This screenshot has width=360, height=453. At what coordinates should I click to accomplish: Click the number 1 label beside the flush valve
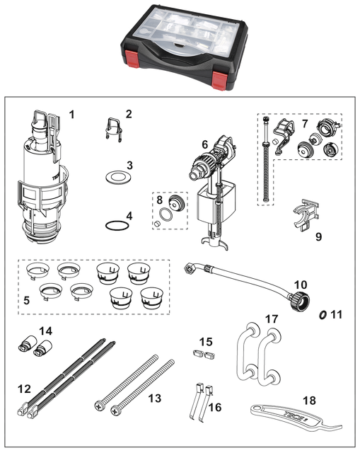(71, 115)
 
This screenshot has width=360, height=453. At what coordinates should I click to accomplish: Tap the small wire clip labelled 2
(112, 129)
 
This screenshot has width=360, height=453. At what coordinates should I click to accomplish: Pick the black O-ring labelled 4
(116, 226)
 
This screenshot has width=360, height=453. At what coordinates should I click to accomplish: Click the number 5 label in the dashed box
(27, 300)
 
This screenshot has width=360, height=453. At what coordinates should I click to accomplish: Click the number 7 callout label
(305, 124)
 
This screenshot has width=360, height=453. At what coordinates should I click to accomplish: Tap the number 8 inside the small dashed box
(160, 200)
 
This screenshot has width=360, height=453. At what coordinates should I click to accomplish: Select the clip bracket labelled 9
(306, 214)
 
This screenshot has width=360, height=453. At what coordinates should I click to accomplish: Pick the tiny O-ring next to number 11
(323, 314)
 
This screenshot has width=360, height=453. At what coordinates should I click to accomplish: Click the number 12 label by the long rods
(24, 389)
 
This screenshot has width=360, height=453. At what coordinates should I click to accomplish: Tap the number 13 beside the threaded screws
(155, 398)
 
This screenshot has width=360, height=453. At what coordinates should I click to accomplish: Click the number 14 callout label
(45, 331)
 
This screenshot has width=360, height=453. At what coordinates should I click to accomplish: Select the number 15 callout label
(206, 342)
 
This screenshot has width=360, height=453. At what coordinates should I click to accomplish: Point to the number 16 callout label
(215, 408)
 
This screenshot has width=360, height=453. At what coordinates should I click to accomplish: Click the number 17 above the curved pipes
(272, 319)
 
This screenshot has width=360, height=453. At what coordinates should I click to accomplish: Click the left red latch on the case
(132, 57)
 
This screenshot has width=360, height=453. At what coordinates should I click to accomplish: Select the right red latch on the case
(219, 80)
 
